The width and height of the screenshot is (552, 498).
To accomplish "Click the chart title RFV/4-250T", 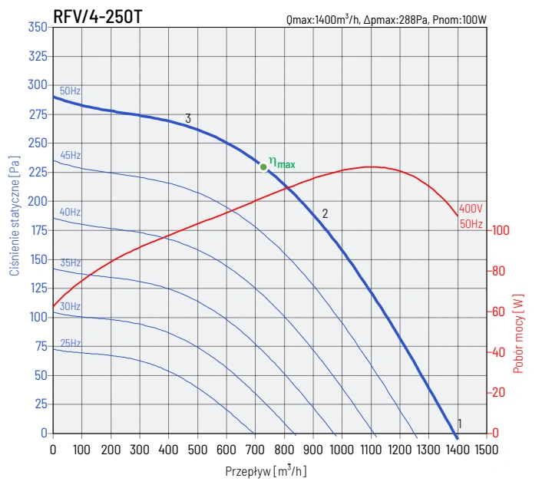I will click(x=97, y=15).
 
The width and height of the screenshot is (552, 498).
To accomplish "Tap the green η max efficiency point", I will click(x=263, y=166).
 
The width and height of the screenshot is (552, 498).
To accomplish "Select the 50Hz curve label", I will click(x=70, y=91).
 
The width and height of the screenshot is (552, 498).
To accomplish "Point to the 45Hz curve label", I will click(x=70, y=155).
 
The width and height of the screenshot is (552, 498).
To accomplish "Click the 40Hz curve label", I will click(x=70, y=212).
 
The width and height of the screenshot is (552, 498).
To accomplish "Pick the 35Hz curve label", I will click(x=70, y=262).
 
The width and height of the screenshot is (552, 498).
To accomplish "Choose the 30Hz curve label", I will click(x=70, y=306).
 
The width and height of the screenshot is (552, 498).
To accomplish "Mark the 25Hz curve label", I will click(x=70, y=342).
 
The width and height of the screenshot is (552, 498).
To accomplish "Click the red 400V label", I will click(x=492, y=209).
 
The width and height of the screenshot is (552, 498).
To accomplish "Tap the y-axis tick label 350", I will click(x=38, y=27).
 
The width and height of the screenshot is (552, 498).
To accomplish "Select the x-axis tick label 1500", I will click(x=485, y=448).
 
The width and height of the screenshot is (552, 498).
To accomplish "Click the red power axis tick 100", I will click(x=501, y=230).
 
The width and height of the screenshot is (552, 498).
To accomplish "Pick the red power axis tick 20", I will click(x=498, y=393).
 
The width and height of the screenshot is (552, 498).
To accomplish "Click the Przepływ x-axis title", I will click(x=266, y=470).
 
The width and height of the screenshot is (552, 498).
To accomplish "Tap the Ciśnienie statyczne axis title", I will click(x=15, y=222).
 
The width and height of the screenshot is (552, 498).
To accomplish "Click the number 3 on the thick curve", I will click(x=188, y=118).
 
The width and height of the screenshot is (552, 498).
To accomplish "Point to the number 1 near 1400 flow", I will click(x=460, y=424).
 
